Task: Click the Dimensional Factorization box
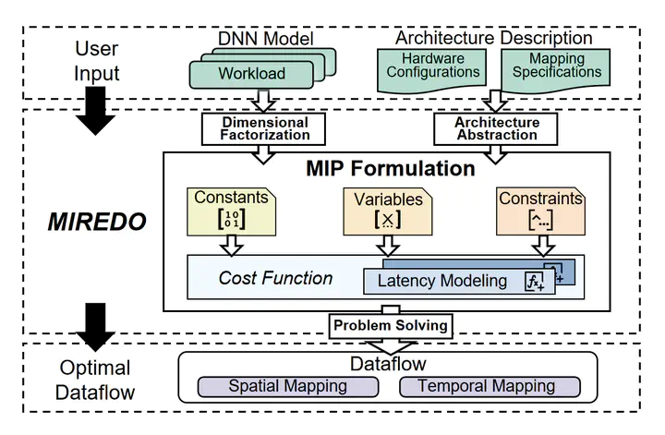(264, 128)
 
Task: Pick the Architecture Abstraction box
(497, 128)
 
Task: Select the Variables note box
(386, 211)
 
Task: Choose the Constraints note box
(540, 211)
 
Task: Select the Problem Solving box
(390, 324)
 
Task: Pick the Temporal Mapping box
(490, 386)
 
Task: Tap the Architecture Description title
(493, 38)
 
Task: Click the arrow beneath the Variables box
(386, 245)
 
